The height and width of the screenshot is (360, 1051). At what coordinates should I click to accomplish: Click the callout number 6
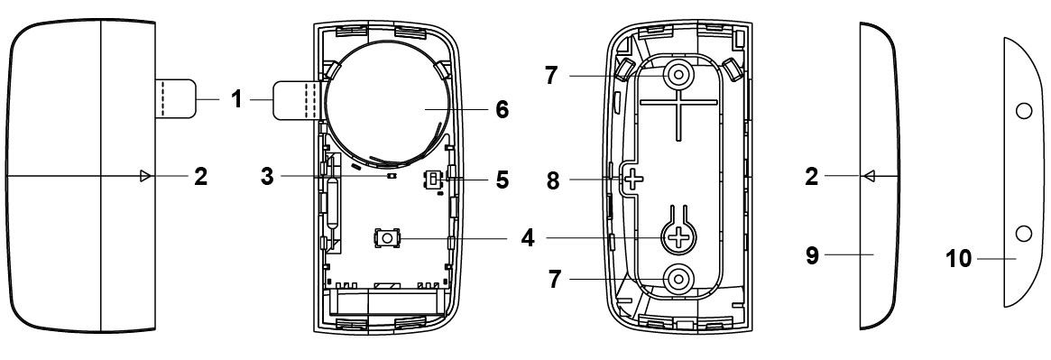tap(502, 109)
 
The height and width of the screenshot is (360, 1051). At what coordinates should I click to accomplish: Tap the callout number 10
tap(959, 258)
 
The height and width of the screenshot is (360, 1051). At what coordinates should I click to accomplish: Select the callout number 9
tap(812, 254)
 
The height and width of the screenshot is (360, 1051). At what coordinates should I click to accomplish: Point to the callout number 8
tap(553, 180)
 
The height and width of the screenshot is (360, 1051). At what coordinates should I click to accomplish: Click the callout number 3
tap(267, 177)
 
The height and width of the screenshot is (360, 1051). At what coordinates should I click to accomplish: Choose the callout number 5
tap(502, 180)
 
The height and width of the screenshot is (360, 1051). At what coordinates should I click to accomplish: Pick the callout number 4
tap(529, 238)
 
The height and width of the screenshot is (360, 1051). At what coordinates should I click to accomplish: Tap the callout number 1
tap(235, 100)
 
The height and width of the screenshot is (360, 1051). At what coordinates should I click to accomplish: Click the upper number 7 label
tap(551, 76)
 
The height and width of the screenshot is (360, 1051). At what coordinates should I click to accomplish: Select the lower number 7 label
tap(554, 279)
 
